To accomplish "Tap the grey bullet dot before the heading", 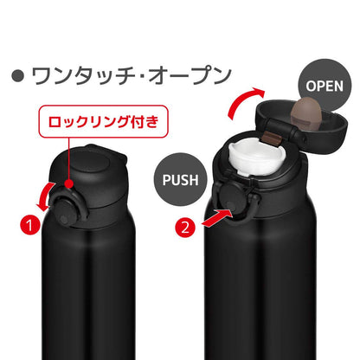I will click(x=17, y=76).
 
